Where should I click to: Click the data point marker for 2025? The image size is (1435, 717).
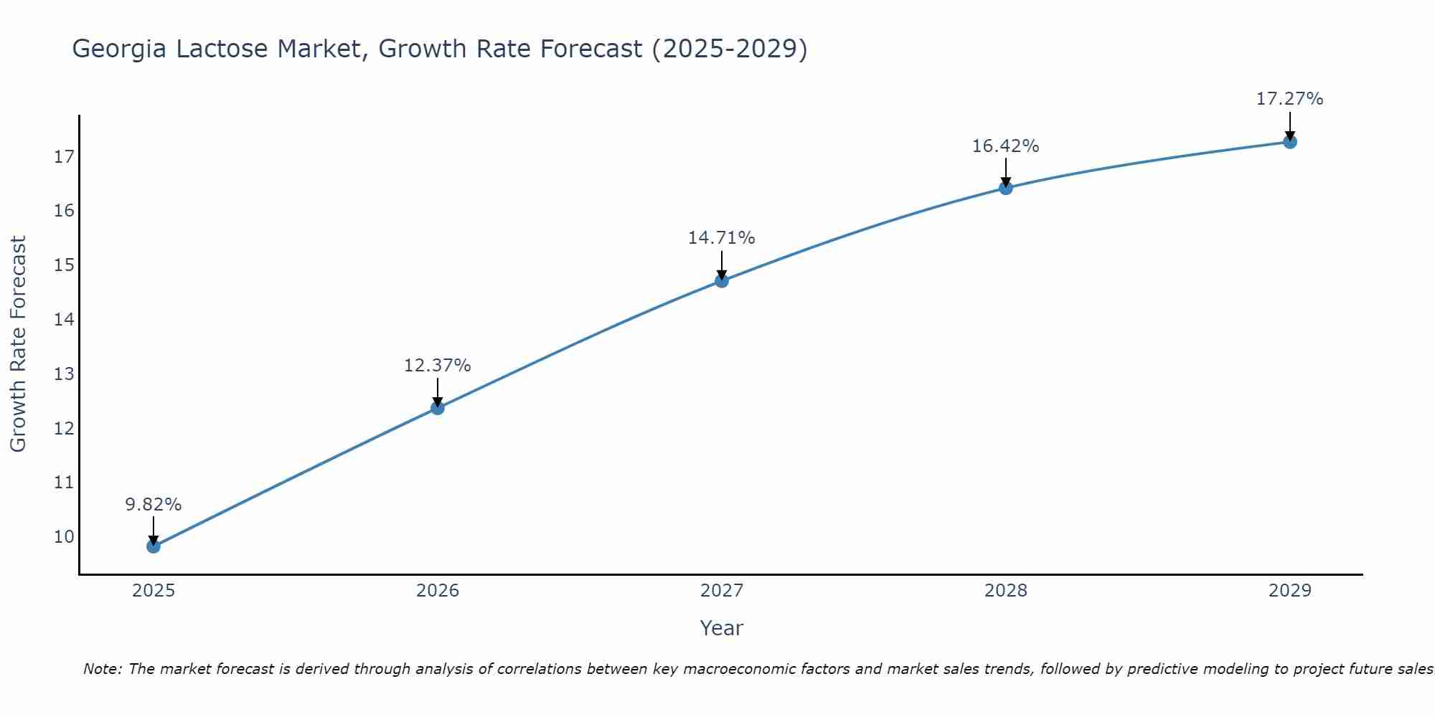[x=154, y=546]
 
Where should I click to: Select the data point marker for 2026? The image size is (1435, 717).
[x=438, y=408]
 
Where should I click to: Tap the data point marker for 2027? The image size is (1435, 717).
[x=722, y=281]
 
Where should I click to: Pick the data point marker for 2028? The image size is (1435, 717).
[x=1006, y=188]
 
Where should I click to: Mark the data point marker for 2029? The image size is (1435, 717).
[x=1290, y=142]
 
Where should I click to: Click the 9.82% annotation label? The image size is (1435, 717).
[x=154, y=505]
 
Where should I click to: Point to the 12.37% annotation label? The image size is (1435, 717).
[x=438, y=366]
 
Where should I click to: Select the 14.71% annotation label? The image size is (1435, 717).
[x=722, y=238]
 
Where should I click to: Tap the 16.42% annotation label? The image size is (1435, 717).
[x=1006, y=146]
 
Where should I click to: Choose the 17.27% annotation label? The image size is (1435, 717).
[x=1290, y=99]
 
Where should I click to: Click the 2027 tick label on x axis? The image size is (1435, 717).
[x=722, y=591]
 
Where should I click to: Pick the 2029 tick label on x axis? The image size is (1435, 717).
[x=1290, y=591]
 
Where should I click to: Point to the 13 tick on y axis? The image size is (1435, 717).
[x=64, y=374]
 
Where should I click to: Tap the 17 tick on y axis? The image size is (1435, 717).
[x=64, y=157]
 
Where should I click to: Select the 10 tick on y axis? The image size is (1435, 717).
[x=64, y=537]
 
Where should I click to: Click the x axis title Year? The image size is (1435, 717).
[x=722, y=628]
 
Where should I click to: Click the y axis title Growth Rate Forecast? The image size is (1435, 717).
[x=18, y=344]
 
